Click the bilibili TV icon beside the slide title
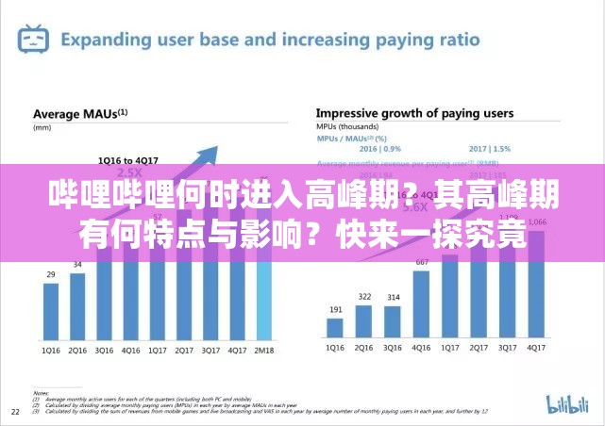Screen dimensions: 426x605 click(x=34, y=40)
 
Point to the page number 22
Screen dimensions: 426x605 click(x=15, y=412)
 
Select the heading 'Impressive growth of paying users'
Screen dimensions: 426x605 click(x=414, y=113)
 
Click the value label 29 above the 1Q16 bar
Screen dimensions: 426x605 click(x=50, y=274)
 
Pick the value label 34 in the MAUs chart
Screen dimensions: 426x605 click(x=77, y=264)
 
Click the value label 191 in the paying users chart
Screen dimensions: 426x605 click(x=335, y=309)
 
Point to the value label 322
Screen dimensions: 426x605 click(x=363, y=297)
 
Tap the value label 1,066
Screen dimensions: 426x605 click(x=535, y=222)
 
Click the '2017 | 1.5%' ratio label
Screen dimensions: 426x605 click(x=489, y=148)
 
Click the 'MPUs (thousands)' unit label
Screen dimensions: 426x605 click(x=347, y=125)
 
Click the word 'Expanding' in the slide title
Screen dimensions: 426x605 click(x=105, y=40)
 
